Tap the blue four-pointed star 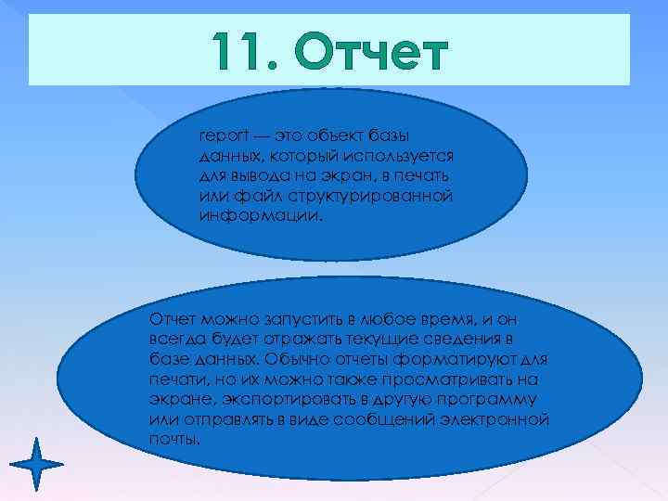37,461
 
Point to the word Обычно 292,360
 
